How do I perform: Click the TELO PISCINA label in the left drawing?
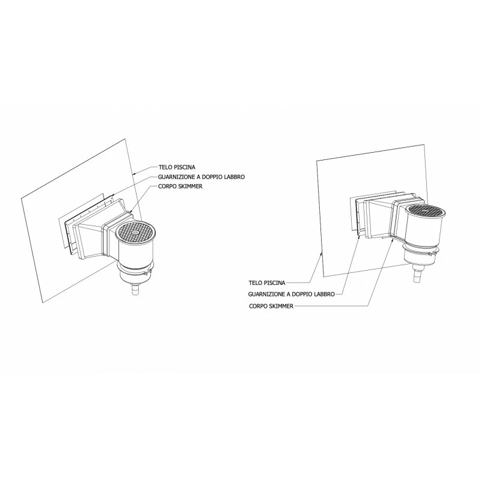click(177, 167)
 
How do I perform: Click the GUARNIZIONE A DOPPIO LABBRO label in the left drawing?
click(201, 177)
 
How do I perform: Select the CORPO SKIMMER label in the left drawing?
click(180, 186)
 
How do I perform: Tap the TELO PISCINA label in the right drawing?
click(267, 283)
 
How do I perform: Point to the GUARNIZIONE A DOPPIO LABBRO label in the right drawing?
click(291, 294)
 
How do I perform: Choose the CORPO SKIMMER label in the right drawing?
click(271, 306)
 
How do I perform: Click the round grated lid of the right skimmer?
click(426, 212)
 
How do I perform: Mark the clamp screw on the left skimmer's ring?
click(149, 271)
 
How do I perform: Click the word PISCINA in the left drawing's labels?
click(185, 167)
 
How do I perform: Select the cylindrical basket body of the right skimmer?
click(426, 228)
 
